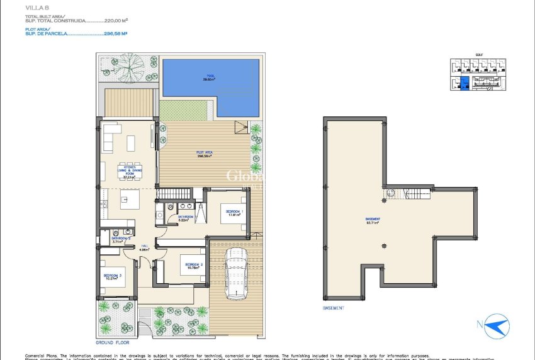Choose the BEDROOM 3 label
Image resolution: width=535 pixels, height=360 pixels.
coord(113,276)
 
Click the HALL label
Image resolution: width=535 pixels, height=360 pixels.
coord(144,247)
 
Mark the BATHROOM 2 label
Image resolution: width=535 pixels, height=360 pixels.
coord(121,240)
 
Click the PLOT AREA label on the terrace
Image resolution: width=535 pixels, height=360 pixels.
coord(201,154)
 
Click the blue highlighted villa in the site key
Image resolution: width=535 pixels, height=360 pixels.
coord(463,84)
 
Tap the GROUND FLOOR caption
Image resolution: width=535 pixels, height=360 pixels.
coord(112,344)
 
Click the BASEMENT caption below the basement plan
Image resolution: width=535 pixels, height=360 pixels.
coord(333,308)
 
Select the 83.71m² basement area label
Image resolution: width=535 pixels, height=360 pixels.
coord(373,221)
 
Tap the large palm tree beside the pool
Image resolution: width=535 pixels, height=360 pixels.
coord(132,65)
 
